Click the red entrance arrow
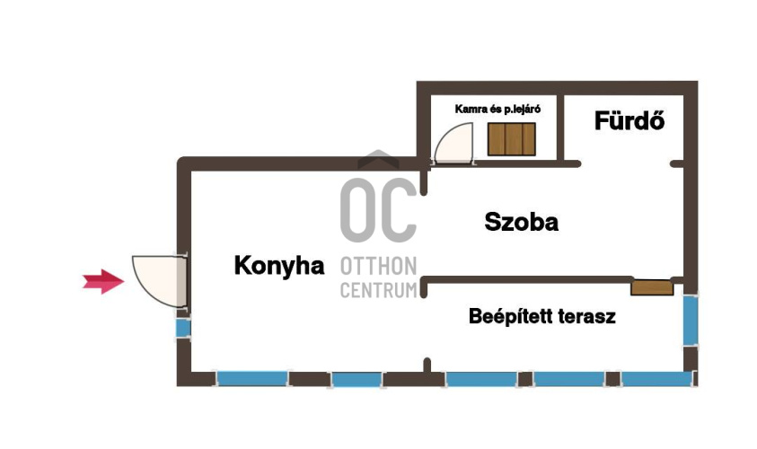point(103,281)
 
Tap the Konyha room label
point(279,266)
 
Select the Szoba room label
point(522,222)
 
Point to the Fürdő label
point(629,120)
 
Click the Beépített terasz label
point(542,317)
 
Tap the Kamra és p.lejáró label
point(497,110)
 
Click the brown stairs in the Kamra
point(511,139)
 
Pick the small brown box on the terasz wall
point(652,287)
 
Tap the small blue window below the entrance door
point(183,329)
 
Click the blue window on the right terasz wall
point(691,320)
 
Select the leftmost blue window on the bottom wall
point(252,378)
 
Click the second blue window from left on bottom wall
point(356,380)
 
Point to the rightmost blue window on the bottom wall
point(657,379)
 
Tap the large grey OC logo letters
point(379,210)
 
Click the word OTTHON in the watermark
point(379,267)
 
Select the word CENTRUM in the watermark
point(379,290)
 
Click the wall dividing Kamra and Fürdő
point(560,128)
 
